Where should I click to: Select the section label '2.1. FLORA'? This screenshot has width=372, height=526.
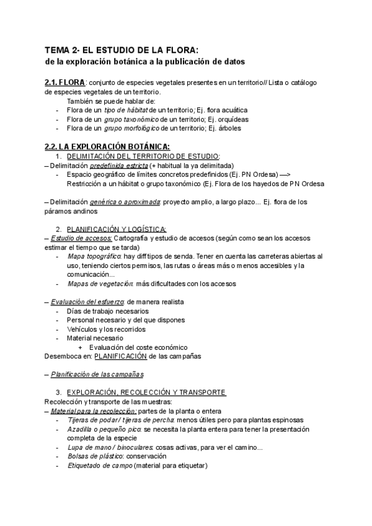tap(65, 82)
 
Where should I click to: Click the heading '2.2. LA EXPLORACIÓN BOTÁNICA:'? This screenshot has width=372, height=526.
tap(99, 146)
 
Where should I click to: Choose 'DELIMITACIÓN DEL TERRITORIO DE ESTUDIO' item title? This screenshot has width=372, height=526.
tap(143, 156)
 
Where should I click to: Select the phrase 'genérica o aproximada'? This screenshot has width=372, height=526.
tap(124, 202)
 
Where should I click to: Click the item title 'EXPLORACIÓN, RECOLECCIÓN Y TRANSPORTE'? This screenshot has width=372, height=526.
tap(146, 393)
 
